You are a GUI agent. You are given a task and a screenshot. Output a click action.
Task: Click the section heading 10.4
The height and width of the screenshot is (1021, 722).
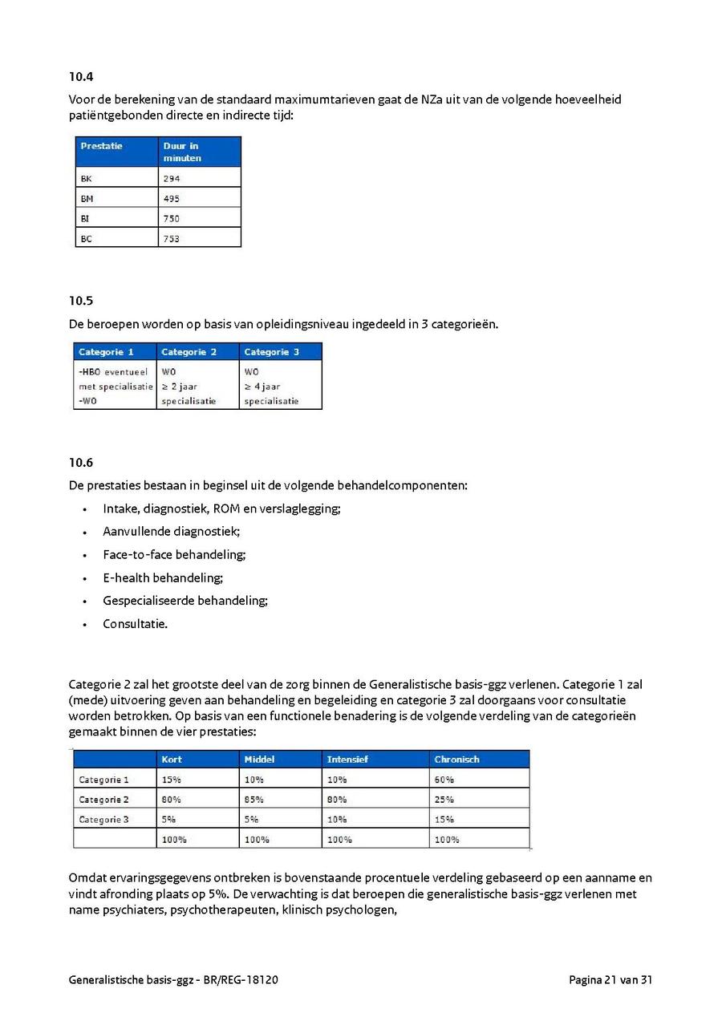(81, 77)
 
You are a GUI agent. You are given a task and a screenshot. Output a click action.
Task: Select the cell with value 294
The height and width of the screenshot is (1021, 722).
(172, 179)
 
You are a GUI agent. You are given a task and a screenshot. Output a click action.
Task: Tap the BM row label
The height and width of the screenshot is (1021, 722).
(87, 199)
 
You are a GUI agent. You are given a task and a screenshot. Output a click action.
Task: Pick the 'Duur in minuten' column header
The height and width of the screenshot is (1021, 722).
(182, 152)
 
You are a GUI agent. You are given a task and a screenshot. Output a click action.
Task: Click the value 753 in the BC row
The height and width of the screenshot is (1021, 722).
(172, 239)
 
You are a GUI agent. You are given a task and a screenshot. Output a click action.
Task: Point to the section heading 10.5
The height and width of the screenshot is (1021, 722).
(81, 301)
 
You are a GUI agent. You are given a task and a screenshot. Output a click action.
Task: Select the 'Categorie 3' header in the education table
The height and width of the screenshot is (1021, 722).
(271, 352)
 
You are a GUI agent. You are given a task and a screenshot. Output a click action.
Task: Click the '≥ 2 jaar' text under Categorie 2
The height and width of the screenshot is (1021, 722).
(180, 387)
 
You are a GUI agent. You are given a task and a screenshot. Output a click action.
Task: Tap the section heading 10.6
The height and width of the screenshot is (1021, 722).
(81, 462)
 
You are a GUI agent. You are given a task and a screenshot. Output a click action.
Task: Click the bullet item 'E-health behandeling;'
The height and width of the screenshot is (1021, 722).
(163, 577)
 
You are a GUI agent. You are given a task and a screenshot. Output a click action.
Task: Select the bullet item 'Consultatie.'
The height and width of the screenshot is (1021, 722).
(135, 623)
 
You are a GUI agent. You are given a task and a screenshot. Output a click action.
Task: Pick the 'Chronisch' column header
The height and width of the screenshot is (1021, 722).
(456, 760)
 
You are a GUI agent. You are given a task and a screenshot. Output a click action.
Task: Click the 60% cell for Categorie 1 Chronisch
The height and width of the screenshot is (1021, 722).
(444, 780)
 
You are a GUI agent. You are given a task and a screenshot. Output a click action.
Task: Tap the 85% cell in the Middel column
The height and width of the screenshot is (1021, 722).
(254, 800)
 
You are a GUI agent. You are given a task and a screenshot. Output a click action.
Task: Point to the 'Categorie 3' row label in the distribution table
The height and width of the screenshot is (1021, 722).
(103, 820)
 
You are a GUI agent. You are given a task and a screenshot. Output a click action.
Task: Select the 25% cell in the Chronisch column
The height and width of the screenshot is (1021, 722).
(444, 800)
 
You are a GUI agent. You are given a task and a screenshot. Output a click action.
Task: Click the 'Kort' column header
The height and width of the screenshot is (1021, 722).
(172, 760)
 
